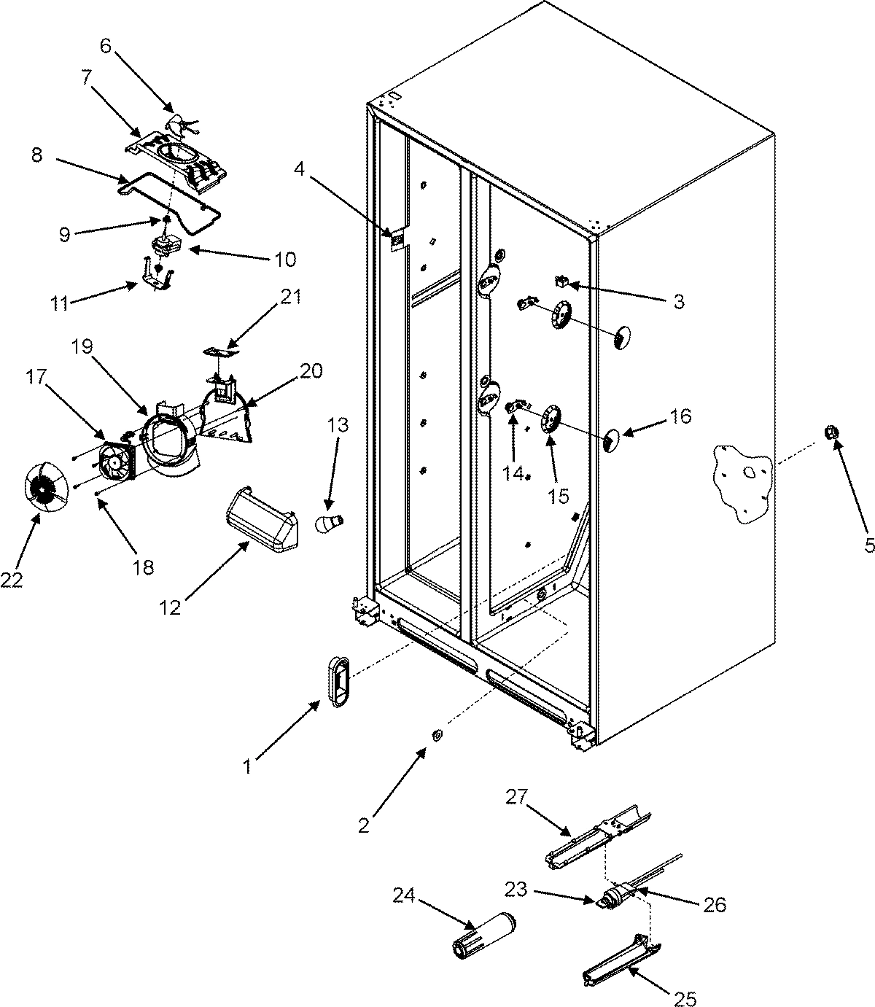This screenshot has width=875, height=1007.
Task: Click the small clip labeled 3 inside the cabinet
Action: [562, 280]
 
